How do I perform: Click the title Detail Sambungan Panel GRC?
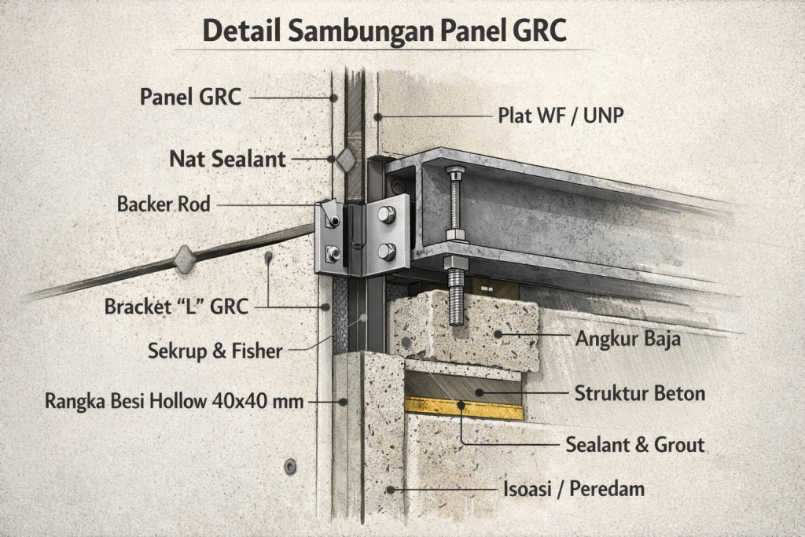(385, 31)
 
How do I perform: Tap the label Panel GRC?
(190, 97)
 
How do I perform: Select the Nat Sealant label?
(227, 159)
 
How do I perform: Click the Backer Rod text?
(164, 204)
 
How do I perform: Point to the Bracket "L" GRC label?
(176, 307)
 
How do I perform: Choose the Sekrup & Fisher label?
(215, 351)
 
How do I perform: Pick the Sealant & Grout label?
(635, 444)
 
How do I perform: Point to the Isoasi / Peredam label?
(573, 489)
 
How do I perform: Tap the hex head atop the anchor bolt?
(455, 172)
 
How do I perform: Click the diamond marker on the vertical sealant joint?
(347, 161)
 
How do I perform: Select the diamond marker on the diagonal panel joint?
(184, 259)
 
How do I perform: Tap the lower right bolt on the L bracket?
(386, 252)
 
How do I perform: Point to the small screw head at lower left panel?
(290, 466)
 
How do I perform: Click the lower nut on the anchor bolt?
(455, 265)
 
